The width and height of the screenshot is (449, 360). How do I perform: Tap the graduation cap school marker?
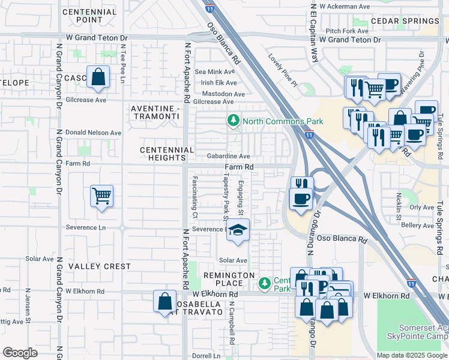click(x=238, y=231)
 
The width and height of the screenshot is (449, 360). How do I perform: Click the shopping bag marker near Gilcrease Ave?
click(x=98, y=77)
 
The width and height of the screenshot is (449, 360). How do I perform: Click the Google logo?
click(x=20, y=353)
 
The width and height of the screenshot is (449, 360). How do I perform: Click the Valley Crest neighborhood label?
click(x=99, y=266)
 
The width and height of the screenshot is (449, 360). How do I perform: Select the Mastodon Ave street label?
click(x=223, y=94)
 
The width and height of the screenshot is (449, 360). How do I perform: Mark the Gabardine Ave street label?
click(x=228, y=156)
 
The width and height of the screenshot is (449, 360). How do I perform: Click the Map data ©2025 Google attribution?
click(x=411, y=355)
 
